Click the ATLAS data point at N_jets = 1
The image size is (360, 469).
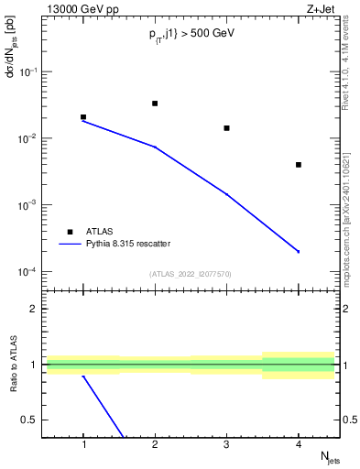(x=83, y=117)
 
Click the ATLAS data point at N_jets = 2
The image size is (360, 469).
(x=155, y=104)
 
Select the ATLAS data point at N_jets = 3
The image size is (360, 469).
(x=226, y=128)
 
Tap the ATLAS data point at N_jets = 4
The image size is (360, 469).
(x=299, y=165)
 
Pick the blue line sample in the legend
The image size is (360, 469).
(x=69, y=244)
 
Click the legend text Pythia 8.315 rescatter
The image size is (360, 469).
(x=125, y=244)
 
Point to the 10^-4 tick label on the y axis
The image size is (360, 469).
(x=30, y=272)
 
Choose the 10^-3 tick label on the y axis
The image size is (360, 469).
(x=30, y=205)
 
